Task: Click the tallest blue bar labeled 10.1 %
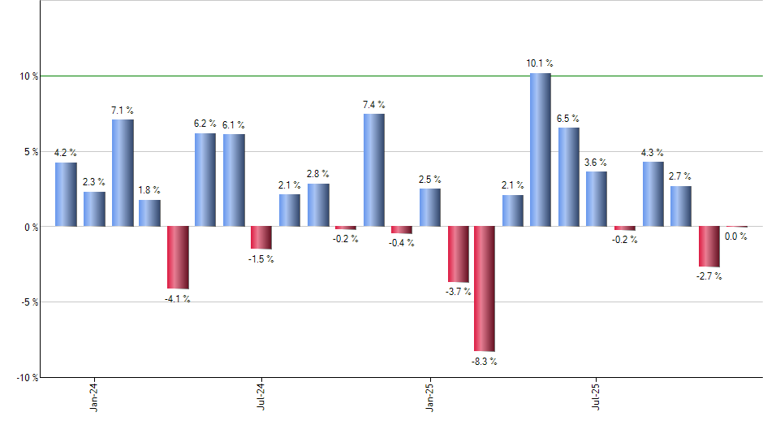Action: (541, 150)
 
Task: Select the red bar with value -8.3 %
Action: (485, 289)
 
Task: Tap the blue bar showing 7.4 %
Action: (373, 170)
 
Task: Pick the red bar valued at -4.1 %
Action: (178, 258)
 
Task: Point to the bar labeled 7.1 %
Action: (123, 172)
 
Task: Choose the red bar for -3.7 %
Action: (458, 254)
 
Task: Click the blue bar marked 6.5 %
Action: (568, 176)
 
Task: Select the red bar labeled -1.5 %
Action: (261, 237)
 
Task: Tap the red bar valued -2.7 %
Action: (709, 246)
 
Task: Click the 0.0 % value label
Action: (736, 237)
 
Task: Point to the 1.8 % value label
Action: (149, 190)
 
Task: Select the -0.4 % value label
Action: (401, 243)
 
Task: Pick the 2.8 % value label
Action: (317, 174)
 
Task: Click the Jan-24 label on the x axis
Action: (95, 397)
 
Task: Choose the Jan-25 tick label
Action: (429, 397)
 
